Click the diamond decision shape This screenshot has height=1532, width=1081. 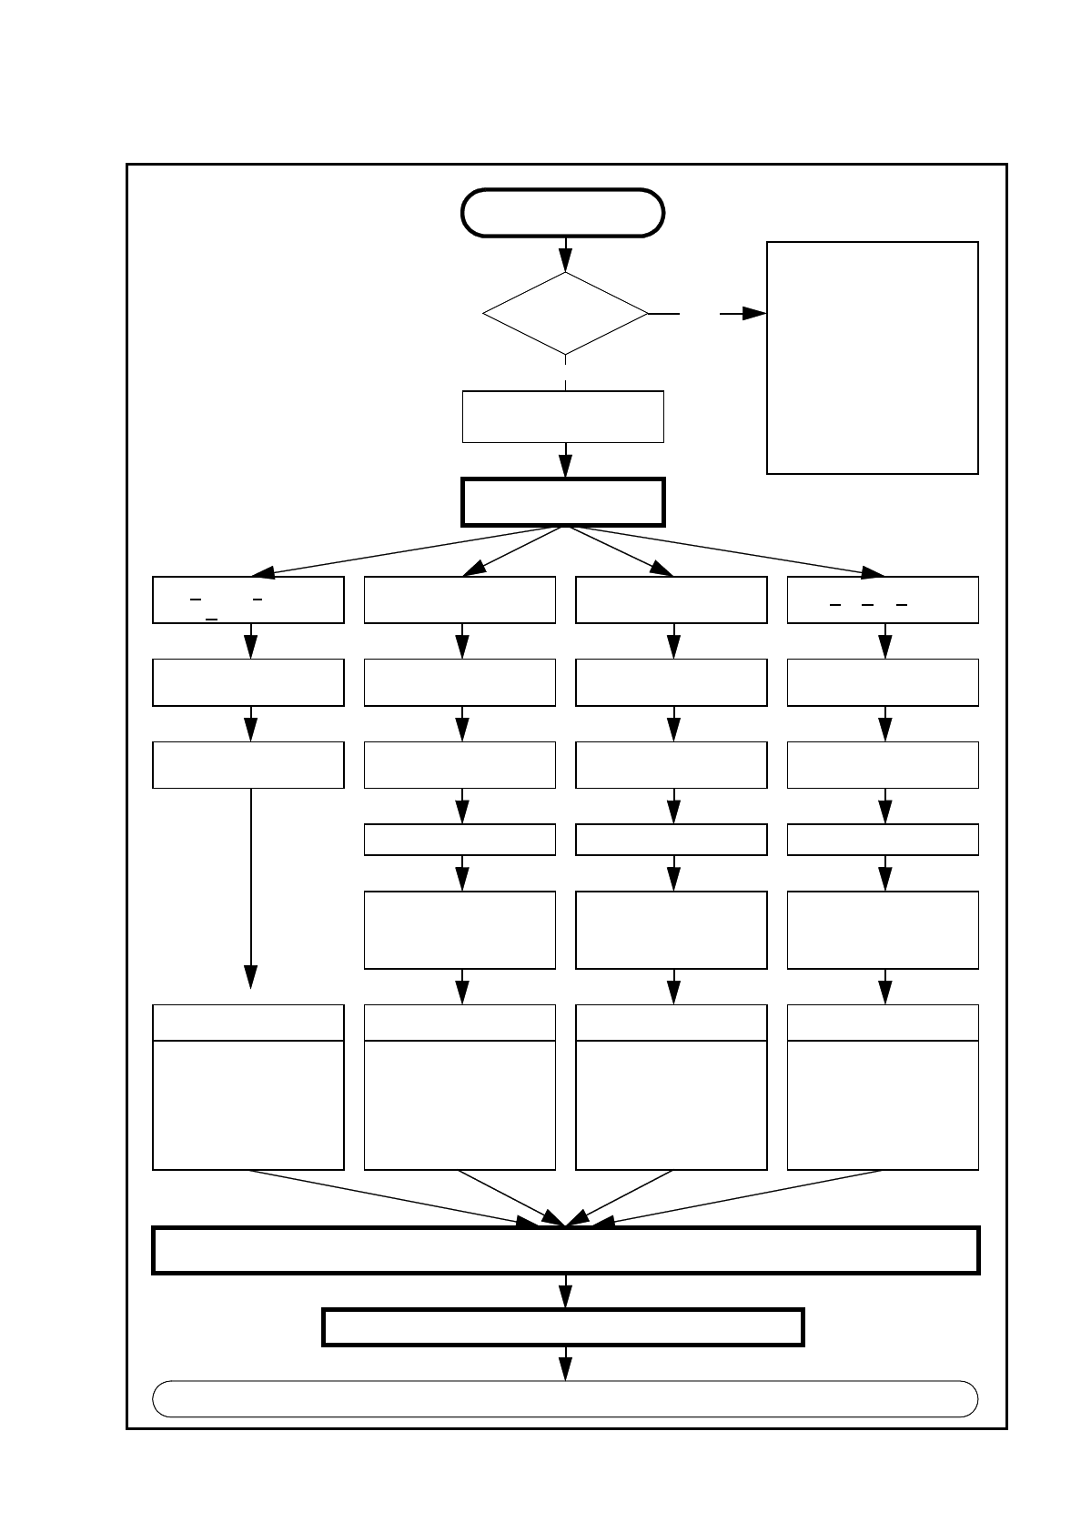click(x=565, y=313)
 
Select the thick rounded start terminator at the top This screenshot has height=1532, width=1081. click(x=563, y=213)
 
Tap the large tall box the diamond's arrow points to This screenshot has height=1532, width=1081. click(x=872, y=358)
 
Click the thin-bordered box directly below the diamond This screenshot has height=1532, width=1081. click(x=563, y=417)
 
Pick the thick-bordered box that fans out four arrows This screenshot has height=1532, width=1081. click(x=563, y=502)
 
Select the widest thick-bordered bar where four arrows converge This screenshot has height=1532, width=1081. click(x=565, y=1250)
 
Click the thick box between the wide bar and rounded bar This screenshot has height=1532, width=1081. click(x=563, y=1326)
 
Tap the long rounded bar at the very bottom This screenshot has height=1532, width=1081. click(x=565, y=1398)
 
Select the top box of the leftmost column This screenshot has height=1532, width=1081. click(x=248, y=600)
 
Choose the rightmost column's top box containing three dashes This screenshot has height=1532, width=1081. click(x=883, y=600)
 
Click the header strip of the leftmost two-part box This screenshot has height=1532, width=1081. click(x=248, y=1023)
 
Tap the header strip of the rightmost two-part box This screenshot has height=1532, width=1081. click(x=883, y=1023)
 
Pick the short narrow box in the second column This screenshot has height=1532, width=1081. click(x=460, y=840)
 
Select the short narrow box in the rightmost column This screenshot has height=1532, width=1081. click(x=883, y=840)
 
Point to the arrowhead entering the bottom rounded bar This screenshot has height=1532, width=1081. click(x=565, y=1369)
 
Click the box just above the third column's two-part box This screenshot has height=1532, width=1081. click(x=672, y=930)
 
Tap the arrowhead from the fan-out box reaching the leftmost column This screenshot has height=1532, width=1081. click(x=263, y=572)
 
